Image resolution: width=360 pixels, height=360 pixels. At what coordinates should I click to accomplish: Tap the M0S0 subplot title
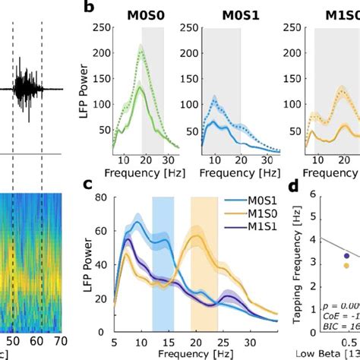[141, 14]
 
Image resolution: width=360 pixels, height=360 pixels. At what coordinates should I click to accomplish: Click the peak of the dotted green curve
[141, 47]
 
